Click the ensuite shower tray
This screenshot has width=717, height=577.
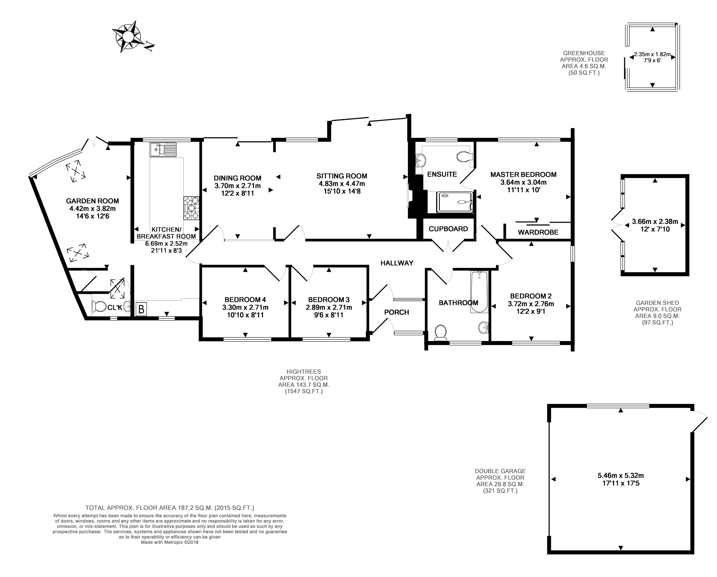point(455,202)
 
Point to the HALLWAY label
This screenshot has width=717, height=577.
point(397,263)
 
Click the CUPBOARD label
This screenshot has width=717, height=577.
point(448,229)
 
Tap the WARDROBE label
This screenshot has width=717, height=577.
point(538,232)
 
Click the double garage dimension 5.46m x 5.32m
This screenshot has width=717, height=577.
point(621,476)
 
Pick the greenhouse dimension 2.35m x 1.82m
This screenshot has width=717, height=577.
point(652,54)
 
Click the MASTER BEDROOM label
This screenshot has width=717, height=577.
point(523,175)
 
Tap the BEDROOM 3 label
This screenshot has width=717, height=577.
point(329,300)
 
